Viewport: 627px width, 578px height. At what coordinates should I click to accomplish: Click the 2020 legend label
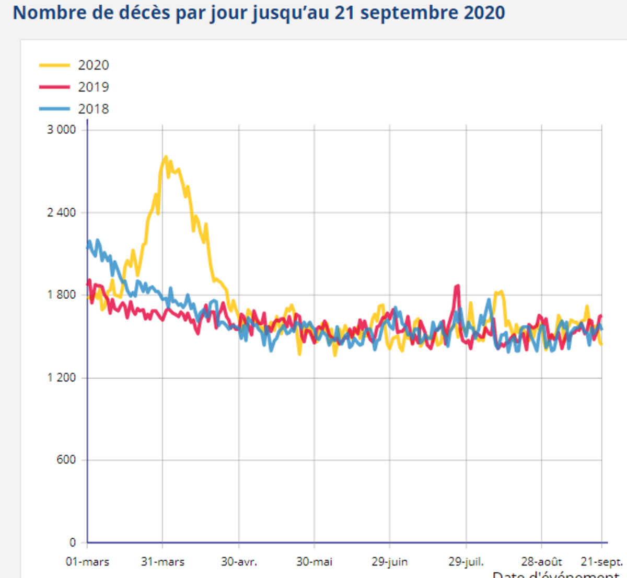(94, 65)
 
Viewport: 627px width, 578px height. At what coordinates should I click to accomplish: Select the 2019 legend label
(94, 87)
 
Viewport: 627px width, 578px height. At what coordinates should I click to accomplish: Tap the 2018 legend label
(94, 109)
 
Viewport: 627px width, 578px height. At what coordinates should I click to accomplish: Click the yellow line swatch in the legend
(54, 65)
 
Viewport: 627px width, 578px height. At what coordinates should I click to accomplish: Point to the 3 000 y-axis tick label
(62, 130)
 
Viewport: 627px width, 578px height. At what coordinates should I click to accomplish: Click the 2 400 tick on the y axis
(62, 212)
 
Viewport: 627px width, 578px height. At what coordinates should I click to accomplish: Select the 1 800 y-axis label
(62, 295)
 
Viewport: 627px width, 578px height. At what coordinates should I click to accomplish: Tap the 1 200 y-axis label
(62, 378)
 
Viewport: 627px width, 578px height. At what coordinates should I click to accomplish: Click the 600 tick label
(66, 460)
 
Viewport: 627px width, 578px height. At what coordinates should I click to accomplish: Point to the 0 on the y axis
(73, 542)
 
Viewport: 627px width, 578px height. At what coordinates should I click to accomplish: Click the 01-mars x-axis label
(87, 562)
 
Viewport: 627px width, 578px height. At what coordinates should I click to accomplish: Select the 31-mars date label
(162, 562)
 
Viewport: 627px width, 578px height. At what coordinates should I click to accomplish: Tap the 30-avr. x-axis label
(239, 562)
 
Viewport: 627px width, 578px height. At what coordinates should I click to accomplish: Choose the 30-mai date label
(314, 562)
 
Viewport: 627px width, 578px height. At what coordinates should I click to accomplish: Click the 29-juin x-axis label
(390, 562)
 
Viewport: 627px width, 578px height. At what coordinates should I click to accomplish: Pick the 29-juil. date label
(466, 562)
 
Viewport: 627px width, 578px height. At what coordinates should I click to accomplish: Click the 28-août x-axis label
(541, 562)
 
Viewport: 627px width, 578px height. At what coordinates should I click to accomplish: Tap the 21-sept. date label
(602, 562)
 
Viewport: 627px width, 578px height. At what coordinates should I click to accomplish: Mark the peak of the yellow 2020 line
(166, 156)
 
